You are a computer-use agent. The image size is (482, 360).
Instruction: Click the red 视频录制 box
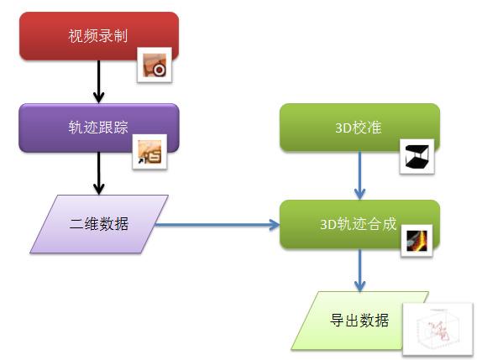point(99,35)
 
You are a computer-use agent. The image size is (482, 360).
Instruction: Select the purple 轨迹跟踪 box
point(99,128)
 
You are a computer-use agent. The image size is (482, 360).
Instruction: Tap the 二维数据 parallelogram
point(99,224)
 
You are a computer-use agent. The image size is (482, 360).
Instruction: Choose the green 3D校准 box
point(359,128)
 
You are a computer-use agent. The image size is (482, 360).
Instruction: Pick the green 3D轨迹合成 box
point(359,224)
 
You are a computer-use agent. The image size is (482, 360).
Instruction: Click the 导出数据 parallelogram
point(359,321)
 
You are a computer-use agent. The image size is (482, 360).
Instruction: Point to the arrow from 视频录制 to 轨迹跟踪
point(99,81)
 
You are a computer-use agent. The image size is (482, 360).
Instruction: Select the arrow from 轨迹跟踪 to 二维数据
point(99,174)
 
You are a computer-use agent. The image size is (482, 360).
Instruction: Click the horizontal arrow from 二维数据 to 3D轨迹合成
point(217,225)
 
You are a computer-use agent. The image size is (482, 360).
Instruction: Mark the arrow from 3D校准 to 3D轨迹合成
point(359,175)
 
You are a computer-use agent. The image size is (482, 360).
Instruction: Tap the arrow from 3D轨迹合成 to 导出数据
point(359,270)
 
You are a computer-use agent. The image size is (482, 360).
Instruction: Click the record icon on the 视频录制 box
point(155,65)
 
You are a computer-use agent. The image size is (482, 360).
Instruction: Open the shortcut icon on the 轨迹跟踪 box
point(149,151)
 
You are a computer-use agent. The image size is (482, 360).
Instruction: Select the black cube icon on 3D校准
point(417,156)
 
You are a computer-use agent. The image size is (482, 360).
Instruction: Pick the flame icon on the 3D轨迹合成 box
point(417,241)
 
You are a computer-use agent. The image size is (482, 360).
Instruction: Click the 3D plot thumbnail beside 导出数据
point(437,329)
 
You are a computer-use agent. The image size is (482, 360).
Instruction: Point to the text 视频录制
point(98,36)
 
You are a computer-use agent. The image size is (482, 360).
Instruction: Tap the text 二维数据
point(99,223)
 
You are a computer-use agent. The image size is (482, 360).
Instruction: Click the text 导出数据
point(359,321)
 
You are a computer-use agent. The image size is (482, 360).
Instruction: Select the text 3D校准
point(359,128)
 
